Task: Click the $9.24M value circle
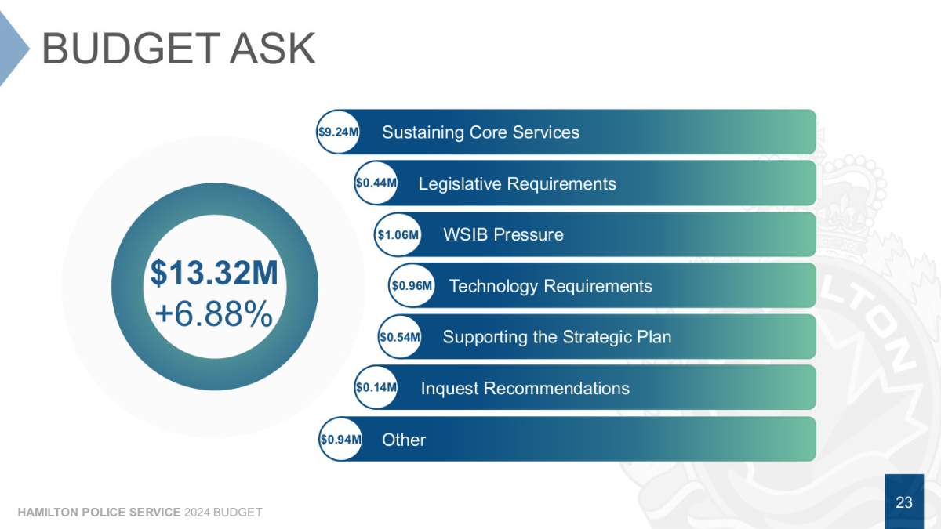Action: click(338, 132)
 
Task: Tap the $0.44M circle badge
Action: click(376, 183)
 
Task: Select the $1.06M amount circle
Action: click(398, 234)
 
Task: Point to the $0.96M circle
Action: click(412, 285)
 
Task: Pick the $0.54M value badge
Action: click(400, 337)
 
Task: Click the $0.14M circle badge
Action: click(376, 387)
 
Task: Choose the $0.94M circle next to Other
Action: click(340, 439)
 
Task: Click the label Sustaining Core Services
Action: click(481, 132)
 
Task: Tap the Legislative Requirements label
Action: click(517, 184)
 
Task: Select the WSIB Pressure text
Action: click(503, 234)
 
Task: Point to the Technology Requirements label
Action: click(550, 286)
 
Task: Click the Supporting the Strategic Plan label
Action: click(557, 337)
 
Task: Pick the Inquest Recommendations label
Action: click(525, 389)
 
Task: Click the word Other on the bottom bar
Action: click(404, 440)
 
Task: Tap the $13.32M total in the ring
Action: click(214, 273)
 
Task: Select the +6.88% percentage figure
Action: click(214, 314)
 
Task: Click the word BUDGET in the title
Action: click(131, 49)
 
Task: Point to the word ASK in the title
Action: click(272, 49)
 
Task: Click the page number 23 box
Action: click(904, 502)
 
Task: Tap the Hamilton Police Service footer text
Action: click(99, 513)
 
